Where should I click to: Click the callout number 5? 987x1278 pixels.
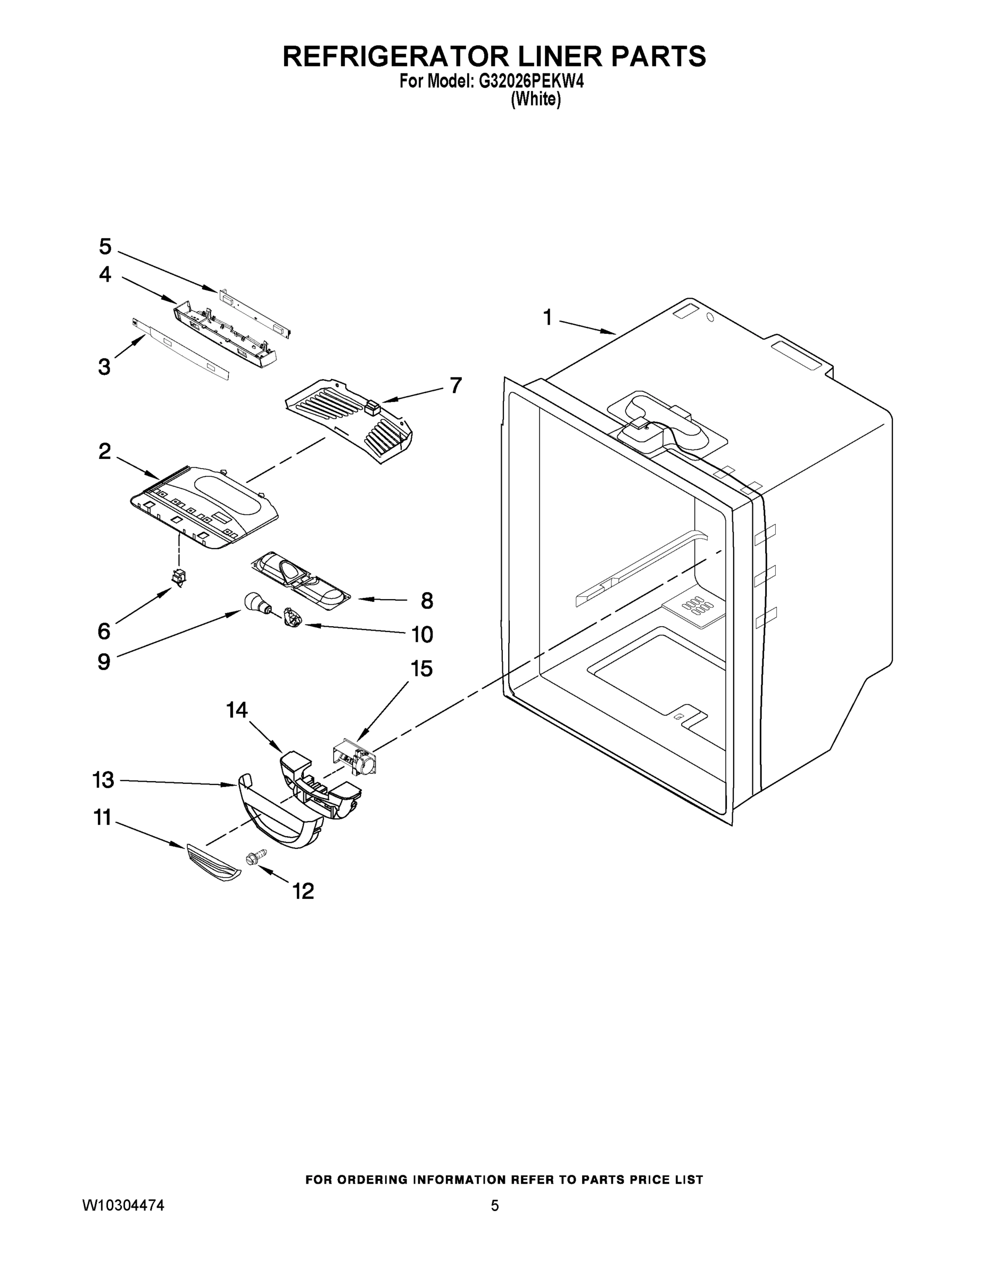105,247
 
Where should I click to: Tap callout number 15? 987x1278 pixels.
421,668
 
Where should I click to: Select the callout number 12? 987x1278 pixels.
303,891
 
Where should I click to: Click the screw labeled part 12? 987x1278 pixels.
255,858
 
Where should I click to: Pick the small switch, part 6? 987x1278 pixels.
178,577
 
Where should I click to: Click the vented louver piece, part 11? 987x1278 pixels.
212,863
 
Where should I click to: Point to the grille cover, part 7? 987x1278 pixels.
349,421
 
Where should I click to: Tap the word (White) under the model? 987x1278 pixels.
536,100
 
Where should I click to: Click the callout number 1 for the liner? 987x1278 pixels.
548,318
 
